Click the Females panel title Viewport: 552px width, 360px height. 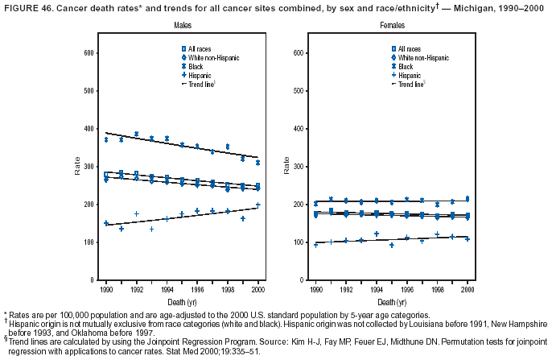393,26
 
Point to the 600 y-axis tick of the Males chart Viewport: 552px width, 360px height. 89,53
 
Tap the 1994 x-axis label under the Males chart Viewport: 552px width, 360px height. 167,288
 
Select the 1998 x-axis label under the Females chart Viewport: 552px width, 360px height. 437,288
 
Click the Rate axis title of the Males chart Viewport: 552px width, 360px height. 77,167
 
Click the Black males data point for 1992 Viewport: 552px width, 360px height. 137,134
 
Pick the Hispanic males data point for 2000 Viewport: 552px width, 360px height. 258,205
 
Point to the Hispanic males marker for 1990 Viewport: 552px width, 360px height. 105,223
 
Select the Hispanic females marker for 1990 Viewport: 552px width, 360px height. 315,244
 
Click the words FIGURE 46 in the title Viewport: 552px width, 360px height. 26,7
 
